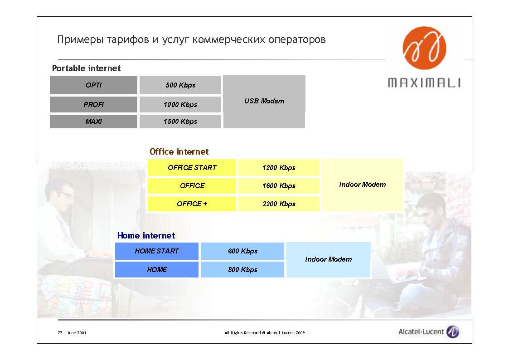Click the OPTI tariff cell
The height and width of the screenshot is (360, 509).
[93, 85]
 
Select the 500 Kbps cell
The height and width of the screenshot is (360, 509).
[180, 85]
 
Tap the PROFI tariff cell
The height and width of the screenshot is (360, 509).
[93, 105]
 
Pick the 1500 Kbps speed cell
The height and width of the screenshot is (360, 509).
[180, 122]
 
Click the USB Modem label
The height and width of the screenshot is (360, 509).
[264, 101]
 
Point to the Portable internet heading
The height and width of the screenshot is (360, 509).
[87, 68]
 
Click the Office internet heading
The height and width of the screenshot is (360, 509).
[179, 151]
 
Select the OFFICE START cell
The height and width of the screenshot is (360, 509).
[192, 167]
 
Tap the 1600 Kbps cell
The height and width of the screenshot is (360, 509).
[279, 186]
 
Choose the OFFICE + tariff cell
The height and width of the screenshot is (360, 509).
[192, 204]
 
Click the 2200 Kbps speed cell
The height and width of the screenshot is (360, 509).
[279, 204]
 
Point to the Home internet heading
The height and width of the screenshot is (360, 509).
[146, 235]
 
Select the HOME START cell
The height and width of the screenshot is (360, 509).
[157, 251]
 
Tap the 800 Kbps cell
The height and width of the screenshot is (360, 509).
[242, 269]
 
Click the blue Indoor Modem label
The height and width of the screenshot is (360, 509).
[329, 259]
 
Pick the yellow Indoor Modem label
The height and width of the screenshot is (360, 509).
[363, 185]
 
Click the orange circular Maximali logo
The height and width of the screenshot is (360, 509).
[424, 48]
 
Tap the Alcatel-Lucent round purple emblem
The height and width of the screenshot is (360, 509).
[453, 332]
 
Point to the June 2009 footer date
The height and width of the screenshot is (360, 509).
[77, 333]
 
